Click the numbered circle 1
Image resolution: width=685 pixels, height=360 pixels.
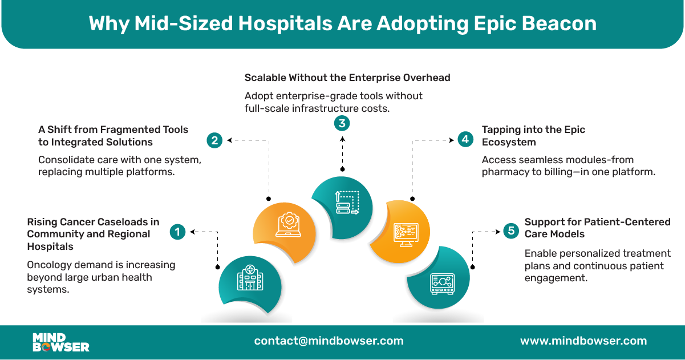[178, 232]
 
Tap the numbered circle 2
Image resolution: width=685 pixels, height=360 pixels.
[214, 140]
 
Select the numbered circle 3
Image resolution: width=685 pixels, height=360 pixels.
[342, 123]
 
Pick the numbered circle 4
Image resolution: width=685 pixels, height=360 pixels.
[466, 139]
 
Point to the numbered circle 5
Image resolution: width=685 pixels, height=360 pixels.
[510, 231]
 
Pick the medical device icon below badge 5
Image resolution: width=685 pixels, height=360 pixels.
[441, 284]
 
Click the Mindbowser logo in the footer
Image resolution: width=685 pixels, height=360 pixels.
[61, 342]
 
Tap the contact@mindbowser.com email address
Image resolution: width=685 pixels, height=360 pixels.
[329, 341]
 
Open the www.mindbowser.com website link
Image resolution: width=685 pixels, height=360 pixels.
[583, 341]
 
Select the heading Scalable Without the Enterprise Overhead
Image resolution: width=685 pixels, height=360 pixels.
[347, 77]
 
